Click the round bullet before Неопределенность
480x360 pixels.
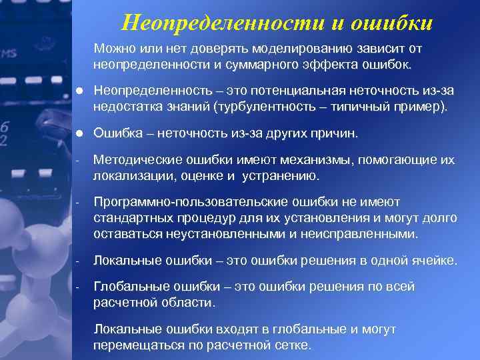[x=79, y=91]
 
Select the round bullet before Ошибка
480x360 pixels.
[x=79, y=133]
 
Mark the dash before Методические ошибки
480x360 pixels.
[x=77, y=161]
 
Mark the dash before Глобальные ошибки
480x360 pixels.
[x=77, y=287]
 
